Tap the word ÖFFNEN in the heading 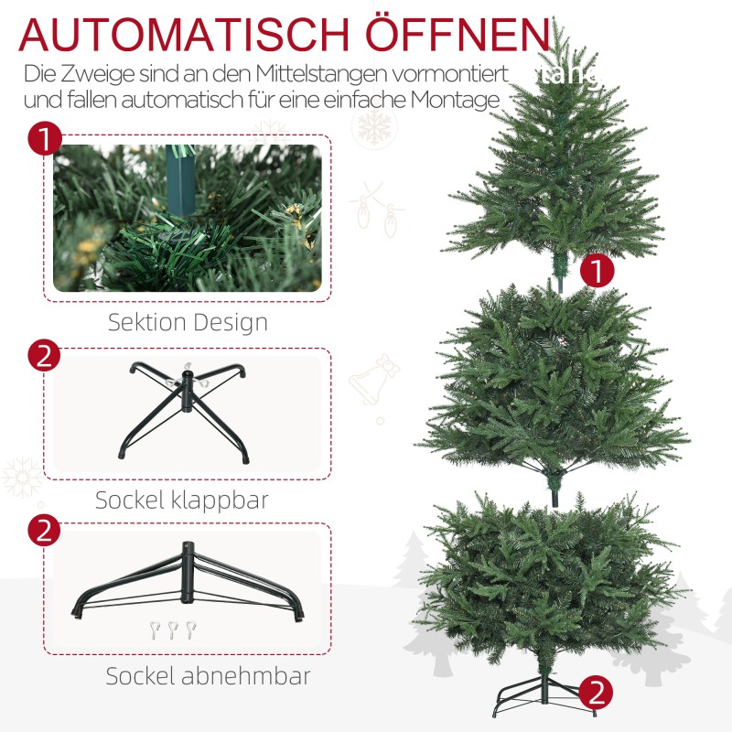click(x=457, y=34)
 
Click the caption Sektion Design click(x=188, y=322)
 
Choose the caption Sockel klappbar click(x=182, y=500)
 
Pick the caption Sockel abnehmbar click(x=208, y=676)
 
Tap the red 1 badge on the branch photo click(x=45, y=142)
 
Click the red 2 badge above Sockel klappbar click(x=45, y=355)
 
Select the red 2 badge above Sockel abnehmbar click(x=45, y=531)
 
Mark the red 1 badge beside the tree click(x=597, y=271)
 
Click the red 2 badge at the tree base click(x=597, y=689)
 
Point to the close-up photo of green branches click(x=188, y=218)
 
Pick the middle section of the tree click(x=554, y=384)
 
